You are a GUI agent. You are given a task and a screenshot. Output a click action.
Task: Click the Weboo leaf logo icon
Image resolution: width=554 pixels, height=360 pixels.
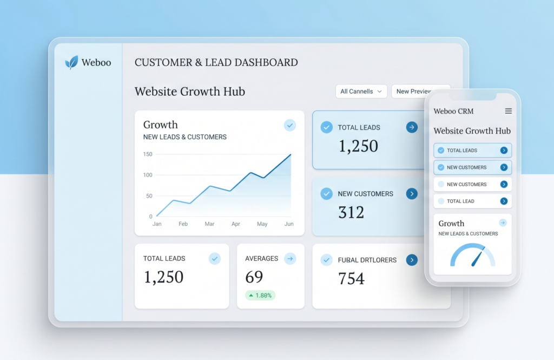(71, 62)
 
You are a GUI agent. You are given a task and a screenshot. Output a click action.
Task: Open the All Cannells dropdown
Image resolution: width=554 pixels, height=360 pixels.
(361, 91)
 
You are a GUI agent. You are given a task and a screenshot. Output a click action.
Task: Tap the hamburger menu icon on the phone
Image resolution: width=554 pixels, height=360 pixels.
(509, 111)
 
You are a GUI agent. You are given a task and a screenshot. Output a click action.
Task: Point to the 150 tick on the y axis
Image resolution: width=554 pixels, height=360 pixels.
(148, 154)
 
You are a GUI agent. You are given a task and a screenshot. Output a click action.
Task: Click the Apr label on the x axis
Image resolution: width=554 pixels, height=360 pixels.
(236, 224)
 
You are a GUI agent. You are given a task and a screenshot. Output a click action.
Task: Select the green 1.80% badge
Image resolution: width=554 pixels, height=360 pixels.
(260, 295)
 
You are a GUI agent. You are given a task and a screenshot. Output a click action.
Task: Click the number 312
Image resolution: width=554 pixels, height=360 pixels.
(351, 212)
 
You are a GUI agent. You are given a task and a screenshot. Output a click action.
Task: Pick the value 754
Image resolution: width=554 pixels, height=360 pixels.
(351, 278)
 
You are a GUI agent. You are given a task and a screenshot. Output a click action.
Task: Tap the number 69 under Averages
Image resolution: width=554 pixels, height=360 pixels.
(254, 277)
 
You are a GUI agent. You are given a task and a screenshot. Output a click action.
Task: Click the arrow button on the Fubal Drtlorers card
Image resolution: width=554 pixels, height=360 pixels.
(412, 260)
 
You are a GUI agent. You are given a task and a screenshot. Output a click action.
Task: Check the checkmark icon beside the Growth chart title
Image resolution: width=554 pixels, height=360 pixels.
(290, 125)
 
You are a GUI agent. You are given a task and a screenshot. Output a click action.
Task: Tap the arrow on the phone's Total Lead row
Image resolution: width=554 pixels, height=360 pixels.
(504, 201)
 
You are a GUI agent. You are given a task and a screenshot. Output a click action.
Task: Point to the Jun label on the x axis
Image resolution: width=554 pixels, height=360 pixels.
(289, 224)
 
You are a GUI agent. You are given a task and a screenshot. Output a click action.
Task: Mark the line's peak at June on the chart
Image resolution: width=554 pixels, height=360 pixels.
(291, 154)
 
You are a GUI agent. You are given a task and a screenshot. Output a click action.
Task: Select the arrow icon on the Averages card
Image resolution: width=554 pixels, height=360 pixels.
(290, 259)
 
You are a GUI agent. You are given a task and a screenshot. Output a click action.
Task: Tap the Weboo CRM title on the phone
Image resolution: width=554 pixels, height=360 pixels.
(453, 111)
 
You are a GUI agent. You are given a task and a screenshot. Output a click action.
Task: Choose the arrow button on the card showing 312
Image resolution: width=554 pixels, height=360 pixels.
(412, 193)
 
